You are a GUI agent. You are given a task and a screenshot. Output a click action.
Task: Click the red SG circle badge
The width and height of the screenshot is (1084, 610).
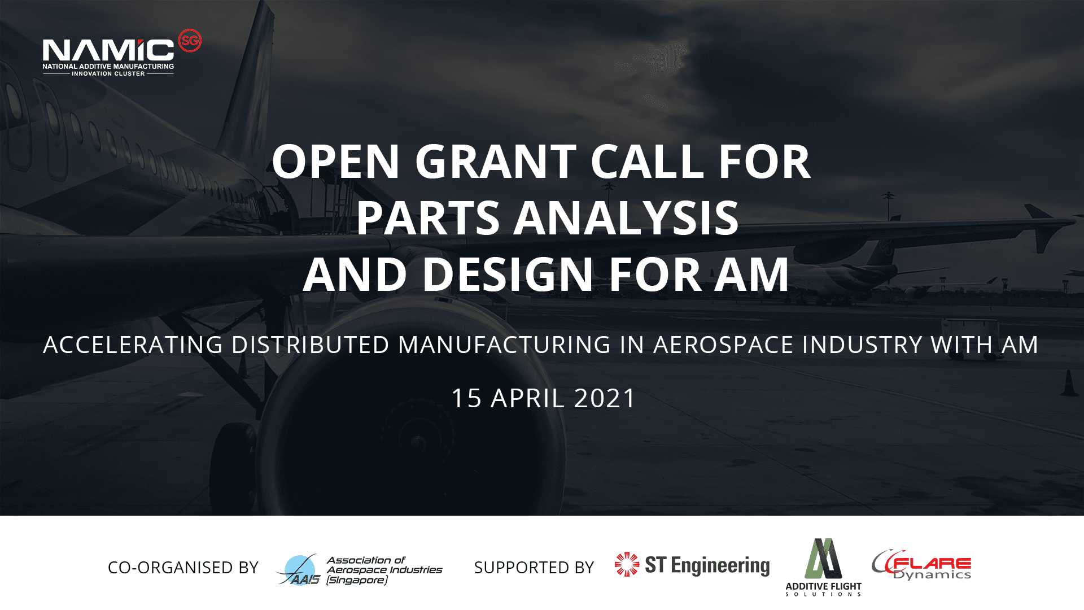click(x=190, y=41)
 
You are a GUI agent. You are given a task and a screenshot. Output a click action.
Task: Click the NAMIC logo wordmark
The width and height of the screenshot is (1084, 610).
click(x=108, y=50)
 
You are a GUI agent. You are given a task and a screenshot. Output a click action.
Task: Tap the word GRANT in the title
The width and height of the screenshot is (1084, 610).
click(x=496, y=162)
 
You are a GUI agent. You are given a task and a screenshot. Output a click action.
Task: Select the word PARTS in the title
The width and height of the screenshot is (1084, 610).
click(x=428, y=218)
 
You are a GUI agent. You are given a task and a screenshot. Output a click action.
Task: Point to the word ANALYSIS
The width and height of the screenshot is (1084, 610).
click(x=626, y=218)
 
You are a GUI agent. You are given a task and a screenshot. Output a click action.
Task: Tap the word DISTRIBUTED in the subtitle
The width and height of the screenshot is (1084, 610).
click(x=311, y=345)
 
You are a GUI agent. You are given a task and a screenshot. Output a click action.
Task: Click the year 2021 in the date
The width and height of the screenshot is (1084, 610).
click(x=605, y=398)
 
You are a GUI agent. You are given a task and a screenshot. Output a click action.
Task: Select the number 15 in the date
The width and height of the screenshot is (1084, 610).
click(x=467, y=398)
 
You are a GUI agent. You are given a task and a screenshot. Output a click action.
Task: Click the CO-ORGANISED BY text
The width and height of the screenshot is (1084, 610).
click(x=183, y=567)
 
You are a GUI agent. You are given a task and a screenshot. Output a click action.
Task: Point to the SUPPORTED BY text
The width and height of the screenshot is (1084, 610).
click(x=534, y=567)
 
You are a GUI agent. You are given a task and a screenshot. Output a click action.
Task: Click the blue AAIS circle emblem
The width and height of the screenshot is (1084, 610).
click(x=300, y=569)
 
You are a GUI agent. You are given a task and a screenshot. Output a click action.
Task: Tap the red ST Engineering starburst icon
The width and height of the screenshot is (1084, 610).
click(x=627, y=564)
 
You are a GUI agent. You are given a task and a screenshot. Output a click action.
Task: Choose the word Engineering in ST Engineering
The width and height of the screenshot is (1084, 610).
click(x=720, y=565)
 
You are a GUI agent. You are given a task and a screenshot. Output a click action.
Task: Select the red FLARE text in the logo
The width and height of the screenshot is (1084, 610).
click(x=932, y=563)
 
